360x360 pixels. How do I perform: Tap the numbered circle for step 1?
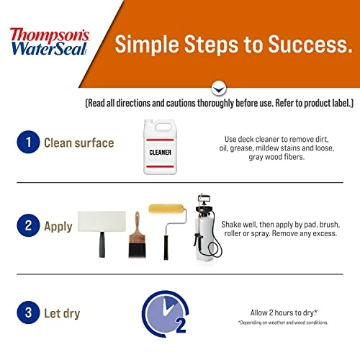click(27, 143)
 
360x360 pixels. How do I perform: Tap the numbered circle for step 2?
click(27, 225)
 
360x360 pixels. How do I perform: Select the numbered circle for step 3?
click(27, 314)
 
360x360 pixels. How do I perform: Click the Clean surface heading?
click(78, 143)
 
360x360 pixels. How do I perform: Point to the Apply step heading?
click(58, 226)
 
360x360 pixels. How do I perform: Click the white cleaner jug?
click(160, 148)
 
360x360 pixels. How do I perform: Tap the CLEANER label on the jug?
click(160, 153)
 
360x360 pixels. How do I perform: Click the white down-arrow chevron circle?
click(218, 89)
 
